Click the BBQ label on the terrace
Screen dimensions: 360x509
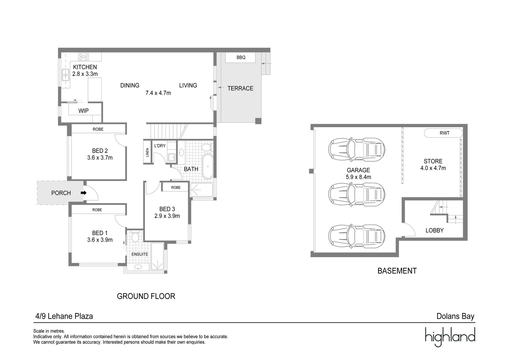pos(241,57)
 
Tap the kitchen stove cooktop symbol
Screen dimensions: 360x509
pos(84,56)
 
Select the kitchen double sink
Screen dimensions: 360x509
pos(65,75)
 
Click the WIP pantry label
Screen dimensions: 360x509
pos(83,111)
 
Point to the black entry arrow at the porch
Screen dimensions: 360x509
pos(83,193)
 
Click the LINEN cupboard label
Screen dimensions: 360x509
pos(147,152)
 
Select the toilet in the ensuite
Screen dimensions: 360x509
pos(135,237)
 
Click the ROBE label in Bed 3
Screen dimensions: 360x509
pos(176,188)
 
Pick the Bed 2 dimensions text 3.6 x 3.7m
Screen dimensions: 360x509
pos(100,158)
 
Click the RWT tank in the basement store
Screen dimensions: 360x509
pos(444,133)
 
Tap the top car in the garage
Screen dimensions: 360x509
pos(356,149)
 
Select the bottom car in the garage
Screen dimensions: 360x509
pos(356,236)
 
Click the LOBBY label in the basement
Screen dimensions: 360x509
pos(434,230)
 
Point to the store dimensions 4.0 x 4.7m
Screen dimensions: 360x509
pos(433,168)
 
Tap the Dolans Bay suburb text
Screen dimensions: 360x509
pos(455,316)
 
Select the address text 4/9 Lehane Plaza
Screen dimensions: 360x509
pos(64,316)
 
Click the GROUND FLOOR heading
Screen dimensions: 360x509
pos(146,296)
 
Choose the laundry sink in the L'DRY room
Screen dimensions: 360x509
pos(172,157)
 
